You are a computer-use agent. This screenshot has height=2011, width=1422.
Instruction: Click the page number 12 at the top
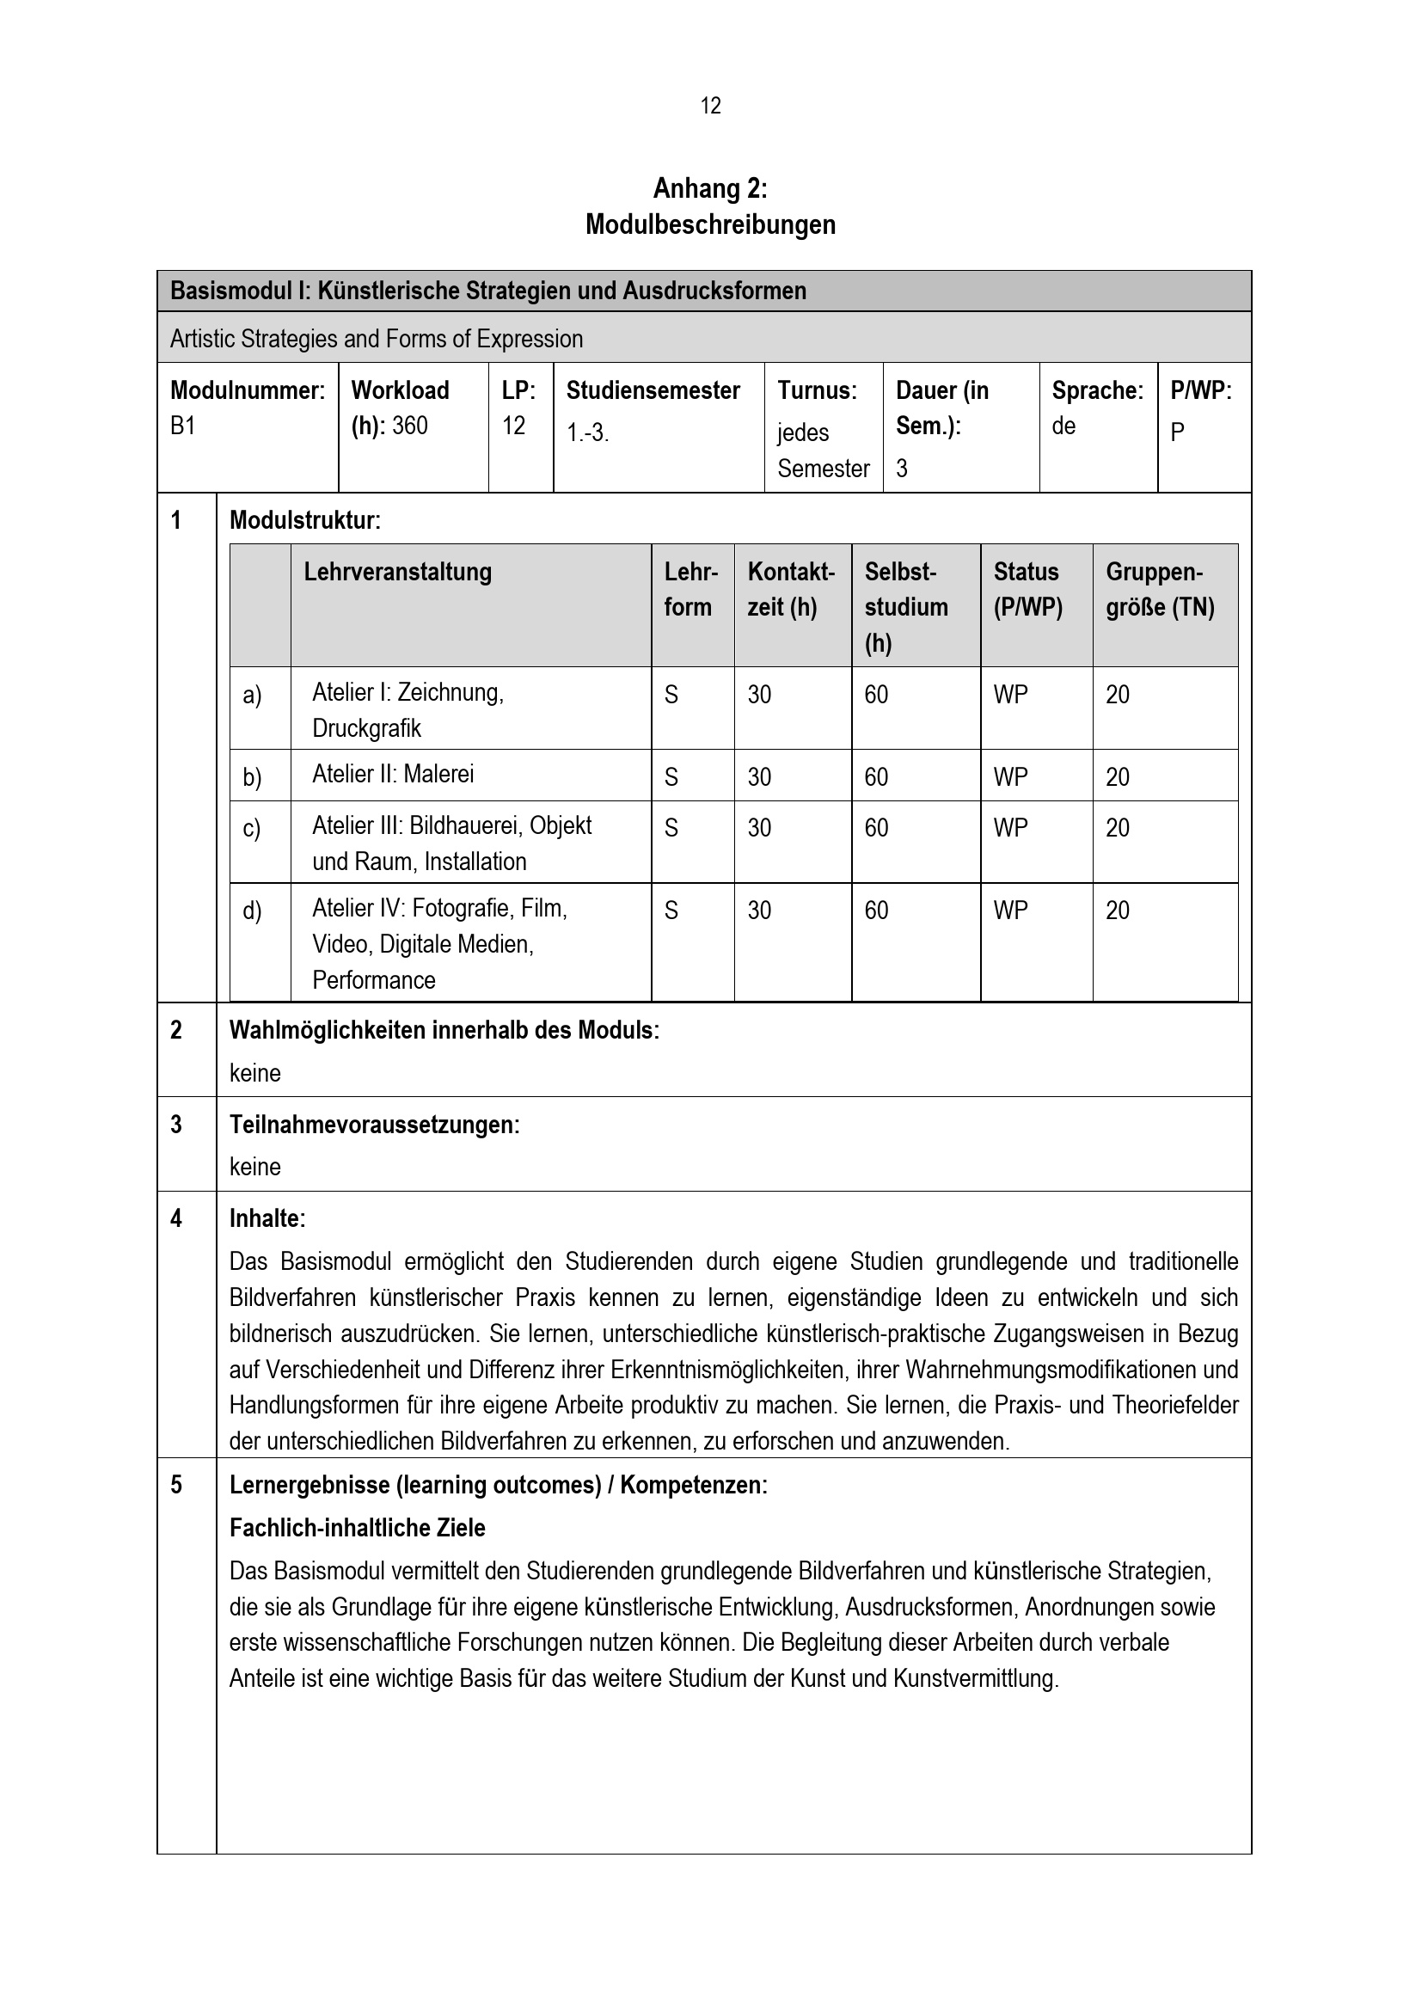(710, 106)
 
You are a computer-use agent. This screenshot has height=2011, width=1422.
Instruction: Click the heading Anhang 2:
(710, 188)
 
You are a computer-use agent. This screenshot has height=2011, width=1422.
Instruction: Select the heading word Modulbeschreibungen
(710, 225)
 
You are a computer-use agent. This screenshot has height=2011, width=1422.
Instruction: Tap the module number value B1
(182, 426)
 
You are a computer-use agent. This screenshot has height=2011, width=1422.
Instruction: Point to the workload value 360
(410, 426)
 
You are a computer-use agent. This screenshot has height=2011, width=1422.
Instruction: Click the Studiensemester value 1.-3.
(586, 432)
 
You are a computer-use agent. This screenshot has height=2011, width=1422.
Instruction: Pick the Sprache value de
(1063, 426)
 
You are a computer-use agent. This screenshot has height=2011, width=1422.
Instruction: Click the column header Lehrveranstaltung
(397, 572)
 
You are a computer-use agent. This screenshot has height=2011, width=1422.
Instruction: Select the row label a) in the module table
(252, 696)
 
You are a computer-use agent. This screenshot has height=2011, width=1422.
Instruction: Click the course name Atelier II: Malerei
(393, 775)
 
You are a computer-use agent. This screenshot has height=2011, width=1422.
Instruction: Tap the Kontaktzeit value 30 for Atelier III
(759, 828)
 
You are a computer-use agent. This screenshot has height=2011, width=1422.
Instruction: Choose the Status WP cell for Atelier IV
(1010, 910)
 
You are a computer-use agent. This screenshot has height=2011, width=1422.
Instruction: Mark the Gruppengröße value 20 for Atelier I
(1118, 696)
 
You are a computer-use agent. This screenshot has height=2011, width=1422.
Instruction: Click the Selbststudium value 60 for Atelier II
(875, 777)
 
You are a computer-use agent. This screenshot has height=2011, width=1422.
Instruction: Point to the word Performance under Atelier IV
(374, 980)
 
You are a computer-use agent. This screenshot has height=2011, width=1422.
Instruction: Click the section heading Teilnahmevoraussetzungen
(374, 1125)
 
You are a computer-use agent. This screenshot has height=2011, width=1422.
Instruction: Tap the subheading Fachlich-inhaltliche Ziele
(358, 1529)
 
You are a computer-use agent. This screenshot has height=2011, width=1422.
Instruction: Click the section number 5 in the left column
(176, 1485)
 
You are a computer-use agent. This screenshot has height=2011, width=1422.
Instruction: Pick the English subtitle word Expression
(530, 339)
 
